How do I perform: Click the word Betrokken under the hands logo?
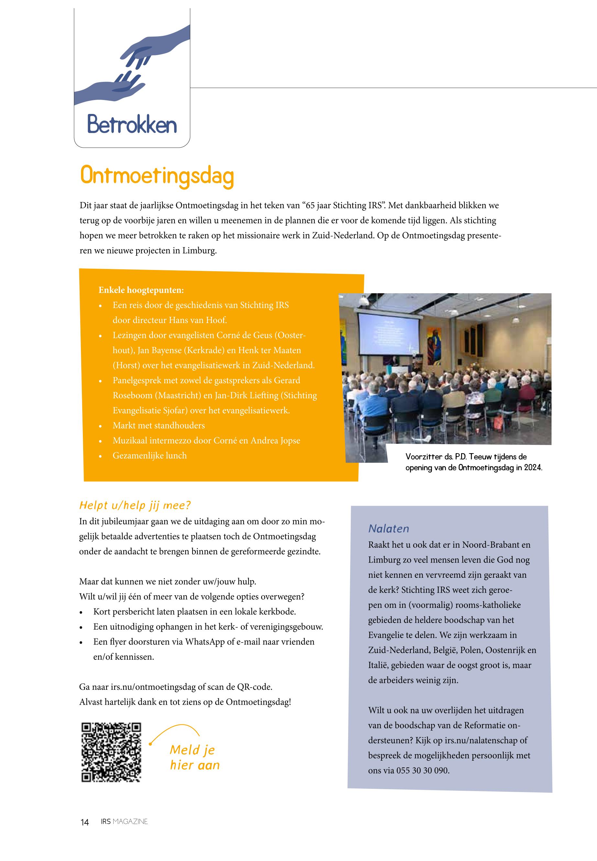point(132,125)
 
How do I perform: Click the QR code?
point(111,752)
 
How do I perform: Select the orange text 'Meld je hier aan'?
point(194,757)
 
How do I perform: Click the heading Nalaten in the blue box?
point(389,528)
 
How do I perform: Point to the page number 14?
point(84,822)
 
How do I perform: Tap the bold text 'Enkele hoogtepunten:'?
point(141,290)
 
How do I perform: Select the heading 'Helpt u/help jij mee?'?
point(135,505)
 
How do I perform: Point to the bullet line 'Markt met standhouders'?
point(159,425)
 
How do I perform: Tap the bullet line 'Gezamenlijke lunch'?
point(149,455)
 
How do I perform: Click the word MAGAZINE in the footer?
point(130,821)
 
